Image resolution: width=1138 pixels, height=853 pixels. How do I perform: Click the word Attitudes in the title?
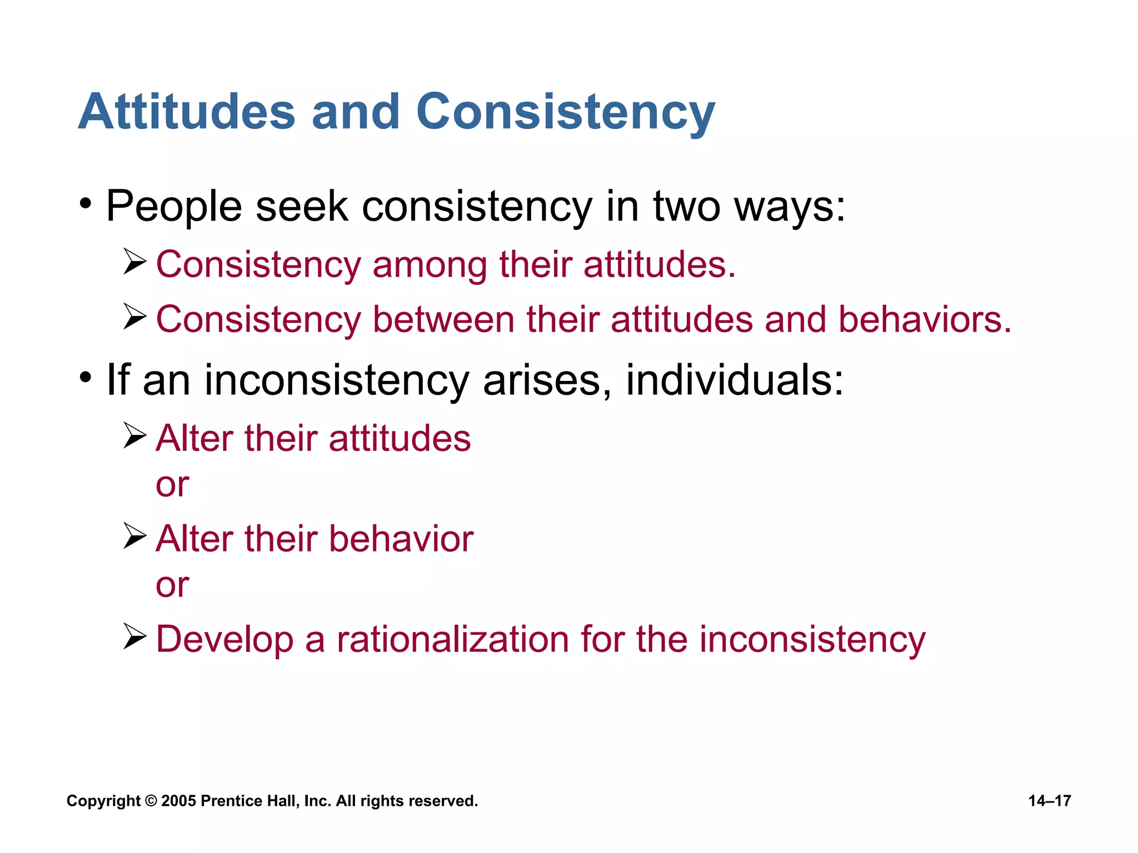pyautogui.click(x=186, y=112)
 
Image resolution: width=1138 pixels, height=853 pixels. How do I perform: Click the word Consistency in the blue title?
pyautogui.click(x=565, y=112)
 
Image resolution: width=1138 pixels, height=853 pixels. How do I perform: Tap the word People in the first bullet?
pyautogui.click(x=173, y=207)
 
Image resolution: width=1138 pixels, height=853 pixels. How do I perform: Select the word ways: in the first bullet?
pyautogui.click(x=789, y=207)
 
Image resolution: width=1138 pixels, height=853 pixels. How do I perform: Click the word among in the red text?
pyautogui.click(x=430, y=264)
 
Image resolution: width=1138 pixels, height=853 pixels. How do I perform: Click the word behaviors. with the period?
pyautogui.click(x=925, y=320)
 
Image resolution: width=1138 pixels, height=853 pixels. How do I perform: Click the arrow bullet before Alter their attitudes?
pyautogui.click(x=134, y=435)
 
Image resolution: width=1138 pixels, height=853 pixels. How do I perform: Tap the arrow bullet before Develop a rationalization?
pyautogui.click(x=134, y=636)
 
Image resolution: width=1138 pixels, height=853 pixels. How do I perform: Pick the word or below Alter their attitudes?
pyautogui.click(x=172, y=485)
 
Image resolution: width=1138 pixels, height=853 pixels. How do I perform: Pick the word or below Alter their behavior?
pyautogui.click(x=172, y=586)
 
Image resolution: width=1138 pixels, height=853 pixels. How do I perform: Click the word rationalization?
pyautogui.click(x=452, y=639)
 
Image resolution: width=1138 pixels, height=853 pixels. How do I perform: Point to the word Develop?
pyautogui.click(x=224, y=640)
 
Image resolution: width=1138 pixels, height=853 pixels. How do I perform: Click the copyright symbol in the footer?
pyautogui.click(x=151, y=801)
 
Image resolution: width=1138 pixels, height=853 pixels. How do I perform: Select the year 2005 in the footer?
pyautogui.click(x=178, y=801)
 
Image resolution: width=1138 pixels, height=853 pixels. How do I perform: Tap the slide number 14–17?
pyautogui.click(x=1049, y=801)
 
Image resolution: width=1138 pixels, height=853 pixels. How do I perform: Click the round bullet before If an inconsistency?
pyautogui.click(x=85, y=378)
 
